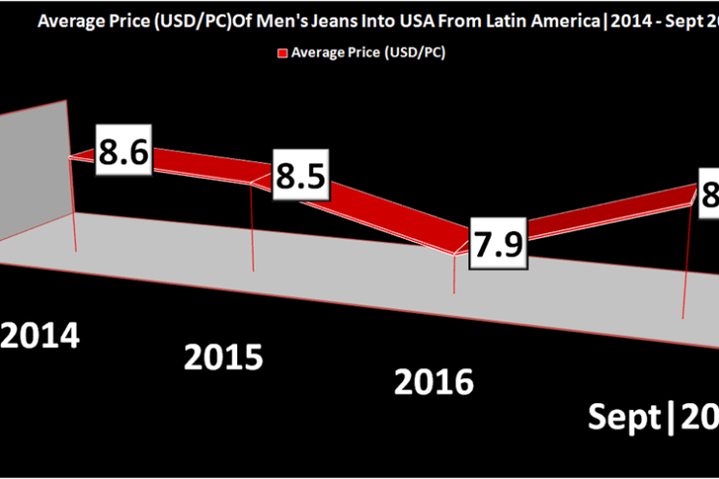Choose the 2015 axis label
pyautogui.click(x=223, y=357)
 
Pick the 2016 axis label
pyautogui.click(x=433, y=380)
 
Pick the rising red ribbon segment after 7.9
pyautogui.click(x=602, y=214)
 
